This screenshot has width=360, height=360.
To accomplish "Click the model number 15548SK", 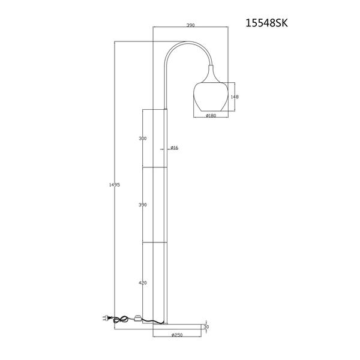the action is [266, 23].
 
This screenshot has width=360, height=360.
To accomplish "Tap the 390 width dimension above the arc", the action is [191, 25].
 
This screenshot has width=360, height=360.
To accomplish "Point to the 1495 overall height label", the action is [115, 185].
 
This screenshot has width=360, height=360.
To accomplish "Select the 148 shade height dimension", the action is [235, 97].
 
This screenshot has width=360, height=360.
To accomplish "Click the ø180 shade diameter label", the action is [211, 115].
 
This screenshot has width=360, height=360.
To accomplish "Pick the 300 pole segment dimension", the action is [143, 139].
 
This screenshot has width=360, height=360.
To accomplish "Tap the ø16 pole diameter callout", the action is [175, 148].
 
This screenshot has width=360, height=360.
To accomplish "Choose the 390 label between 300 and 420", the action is [143, 205].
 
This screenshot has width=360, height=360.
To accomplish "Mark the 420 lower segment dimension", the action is [143, 283].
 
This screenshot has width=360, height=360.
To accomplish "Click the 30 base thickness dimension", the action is [206, 327].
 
